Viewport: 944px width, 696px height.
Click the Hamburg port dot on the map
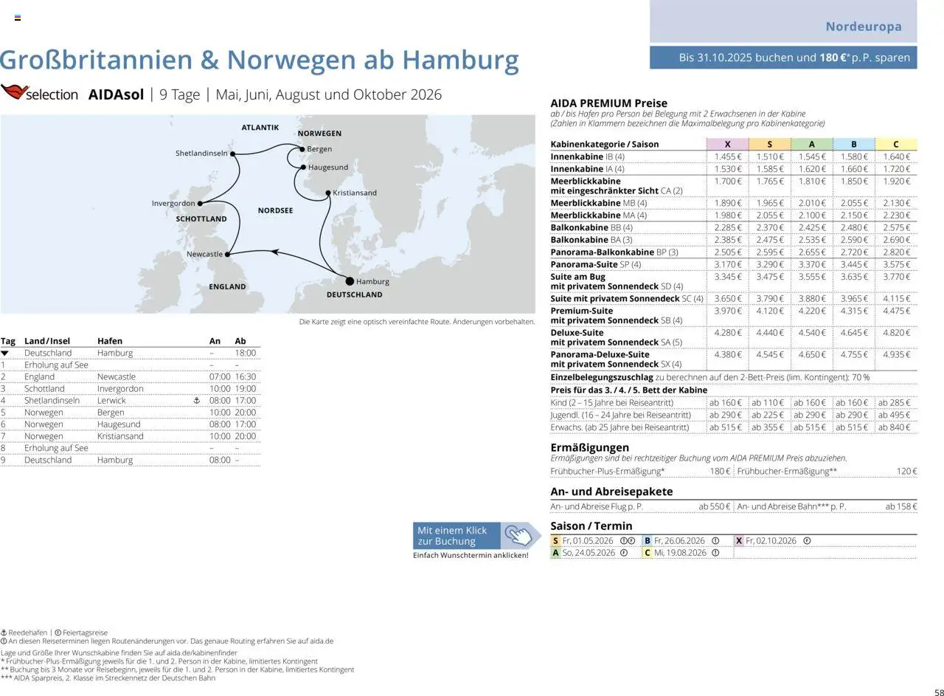350,281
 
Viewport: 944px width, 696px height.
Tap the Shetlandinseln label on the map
201,154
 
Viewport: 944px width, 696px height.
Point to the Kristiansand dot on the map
328,193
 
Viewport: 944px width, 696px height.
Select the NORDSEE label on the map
275,210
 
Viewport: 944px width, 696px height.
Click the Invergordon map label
173,204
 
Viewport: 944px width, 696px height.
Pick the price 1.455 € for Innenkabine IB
727,157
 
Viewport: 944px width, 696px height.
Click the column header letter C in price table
896,145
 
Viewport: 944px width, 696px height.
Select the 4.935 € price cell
896,355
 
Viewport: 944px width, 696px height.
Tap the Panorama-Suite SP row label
595,264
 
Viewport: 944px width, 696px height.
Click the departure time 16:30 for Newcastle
245,377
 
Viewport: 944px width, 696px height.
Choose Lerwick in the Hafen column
111,401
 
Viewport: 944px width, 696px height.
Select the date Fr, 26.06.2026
679,541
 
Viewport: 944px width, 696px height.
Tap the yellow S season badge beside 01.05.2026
555,541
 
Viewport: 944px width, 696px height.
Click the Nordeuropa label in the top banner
863,27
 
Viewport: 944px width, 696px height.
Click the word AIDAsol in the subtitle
116,94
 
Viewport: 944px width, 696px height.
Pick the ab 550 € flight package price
714,507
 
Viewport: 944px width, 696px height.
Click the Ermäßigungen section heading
589,447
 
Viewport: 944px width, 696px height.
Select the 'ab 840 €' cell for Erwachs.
894,427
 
